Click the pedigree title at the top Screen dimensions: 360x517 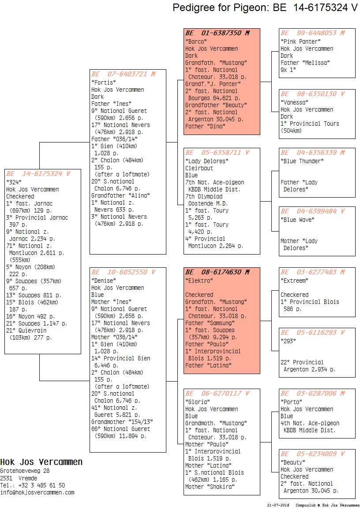click(265, 7)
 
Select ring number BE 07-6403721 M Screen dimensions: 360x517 click(123, 74)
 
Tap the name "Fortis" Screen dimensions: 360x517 click(104, 82)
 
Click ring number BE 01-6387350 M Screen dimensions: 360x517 click(217, 33)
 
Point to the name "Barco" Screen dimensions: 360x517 click(196, 41)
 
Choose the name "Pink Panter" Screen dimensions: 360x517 click(300, 41)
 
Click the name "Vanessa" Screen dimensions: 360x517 click(294, 102)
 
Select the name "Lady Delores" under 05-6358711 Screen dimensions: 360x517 click(207, 161)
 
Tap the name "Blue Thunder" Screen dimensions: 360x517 click(302, 161)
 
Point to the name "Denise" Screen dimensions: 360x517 click(104, 281)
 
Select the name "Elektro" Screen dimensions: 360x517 click(199, 281)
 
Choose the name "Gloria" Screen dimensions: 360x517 click(198, 402)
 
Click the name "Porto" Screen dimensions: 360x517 click(292, 402)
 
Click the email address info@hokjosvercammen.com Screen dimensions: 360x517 click(37, 492)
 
